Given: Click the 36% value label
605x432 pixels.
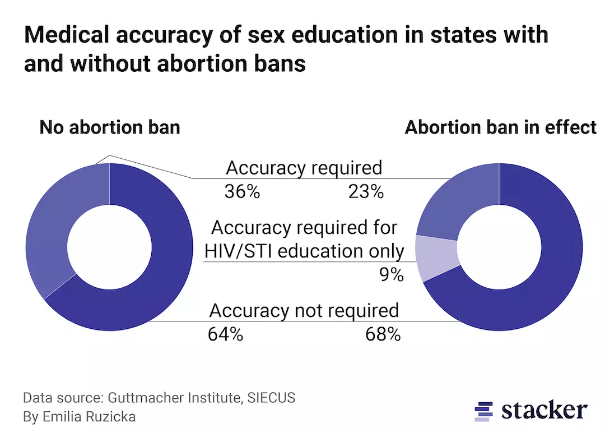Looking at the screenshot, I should (x=242, y=192).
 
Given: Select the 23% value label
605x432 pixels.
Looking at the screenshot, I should (x=365, y=192).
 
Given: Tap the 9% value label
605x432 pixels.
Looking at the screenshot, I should (x=390, y=275).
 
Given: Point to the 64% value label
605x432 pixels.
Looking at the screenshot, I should (x=225, y=335).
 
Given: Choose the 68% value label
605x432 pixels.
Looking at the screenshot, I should (x=383, y=335).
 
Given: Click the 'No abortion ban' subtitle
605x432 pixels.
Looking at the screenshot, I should (x=110, y=127).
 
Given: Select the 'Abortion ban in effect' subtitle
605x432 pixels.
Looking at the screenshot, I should (x=500, y=127).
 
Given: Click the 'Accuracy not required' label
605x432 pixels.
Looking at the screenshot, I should (x=304, y=310).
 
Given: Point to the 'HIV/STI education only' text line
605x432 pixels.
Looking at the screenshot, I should (x=304, y=250).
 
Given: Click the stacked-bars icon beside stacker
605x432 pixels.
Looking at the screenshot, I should (x=483, y=411).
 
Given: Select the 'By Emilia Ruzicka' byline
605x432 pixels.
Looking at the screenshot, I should (x=79, y=417).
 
